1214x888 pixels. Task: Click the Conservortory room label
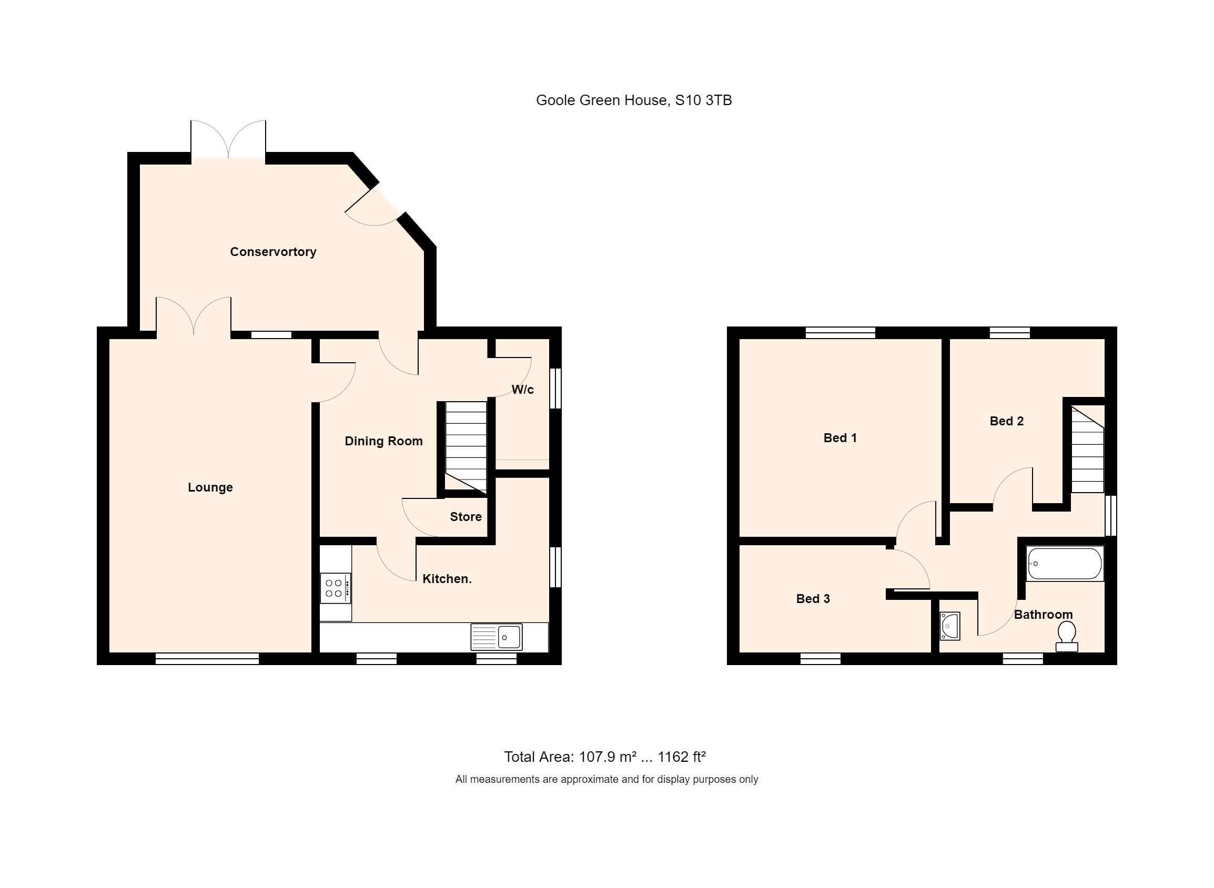[x=272, y=251]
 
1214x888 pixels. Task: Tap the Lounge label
[x=210, y=487]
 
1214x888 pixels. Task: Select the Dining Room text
[x=383, y=441]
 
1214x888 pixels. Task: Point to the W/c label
[x=522, y=389]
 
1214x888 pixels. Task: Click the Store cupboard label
[x=466, y=517]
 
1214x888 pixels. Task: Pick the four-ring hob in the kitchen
[x=335, y=588]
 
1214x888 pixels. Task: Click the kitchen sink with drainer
[x=496, y=638]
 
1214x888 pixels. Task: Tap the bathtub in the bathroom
[x=1064, y=563]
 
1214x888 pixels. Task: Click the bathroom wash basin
[x=949, y=627]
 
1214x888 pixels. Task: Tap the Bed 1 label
[x=840, y=437]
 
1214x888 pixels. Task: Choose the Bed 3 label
[x=812, y=598]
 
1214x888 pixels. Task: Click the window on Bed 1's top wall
[x=841, y=333]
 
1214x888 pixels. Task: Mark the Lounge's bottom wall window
[x=207, y=659]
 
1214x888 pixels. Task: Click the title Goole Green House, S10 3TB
[x=633, y=100]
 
